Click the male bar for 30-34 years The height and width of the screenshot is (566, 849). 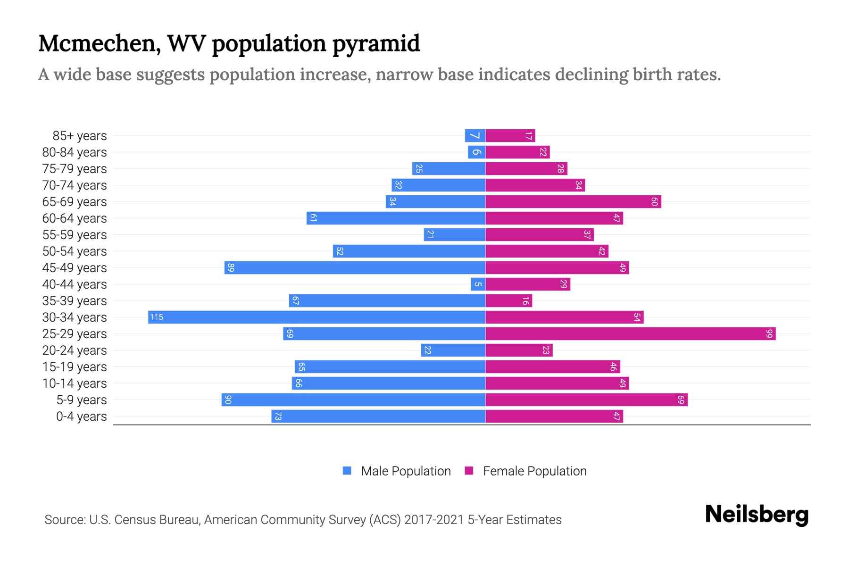(316, 317)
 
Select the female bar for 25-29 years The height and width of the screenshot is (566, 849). (630, 334)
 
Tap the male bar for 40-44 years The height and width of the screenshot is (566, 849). (478, 284)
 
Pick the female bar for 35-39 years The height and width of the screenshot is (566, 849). (508, 301)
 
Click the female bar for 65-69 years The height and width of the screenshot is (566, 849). (573, 202)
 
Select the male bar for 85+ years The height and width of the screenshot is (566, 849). (475, 136)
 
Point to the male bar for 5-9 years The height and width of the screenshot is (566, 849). (353, 400)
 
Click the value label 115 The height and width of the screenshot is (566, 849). (157, 317)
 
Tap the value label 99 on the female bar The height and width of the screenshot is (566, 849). (769, 334)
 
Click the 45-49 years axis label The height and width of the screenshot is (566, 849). (75, 268)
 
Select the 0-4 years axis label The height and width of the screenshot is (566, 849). (81, 416)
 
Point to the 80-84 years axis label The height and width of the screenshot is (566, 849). (75, 152)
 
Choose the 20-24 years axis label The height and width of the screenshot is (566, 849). (75, 350)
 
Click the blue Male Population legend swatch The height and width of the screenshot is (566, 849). (347, 471)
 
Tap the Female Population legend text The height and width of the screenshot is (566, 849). (534, 471)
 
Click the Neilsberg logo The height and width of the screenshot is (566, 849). (757, 515)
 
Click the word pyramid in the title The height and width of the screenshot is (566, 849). (376, 44)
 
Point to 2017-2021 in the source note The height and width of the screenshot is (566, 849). (434, 520)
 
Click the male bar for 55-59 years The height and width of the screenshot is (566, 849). (454, 235)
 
